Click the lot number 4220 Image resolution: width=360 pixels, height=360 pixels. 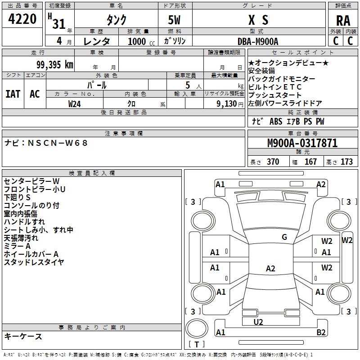[x=22, y=19]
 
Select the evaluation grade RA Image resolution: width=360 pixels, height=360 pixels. [x=343, y=20]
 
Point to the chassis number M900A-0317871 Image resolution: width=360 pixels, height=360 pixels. [x=302, y=143]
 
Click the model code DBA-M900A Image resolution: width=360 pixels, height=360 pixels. [x=258, y=41]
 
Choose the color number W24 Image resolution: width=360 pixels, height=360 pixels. [x=75, y=103]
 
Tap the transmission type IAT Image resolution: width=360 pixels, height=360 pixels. [x=13, y=94]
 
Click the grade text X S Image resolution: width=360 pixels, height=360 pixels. [x=258, y=20]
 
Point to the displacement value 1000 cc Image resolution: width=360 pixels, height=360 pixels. [x=138, y=41]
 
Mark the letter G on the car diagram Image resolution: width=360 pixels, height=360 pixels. [x=284, y=237]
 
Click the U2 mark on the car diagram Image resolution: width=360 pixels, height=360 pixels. [x=258, y=322]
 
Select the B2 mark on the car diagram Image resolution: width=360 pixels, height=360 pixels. [x=321, y=333]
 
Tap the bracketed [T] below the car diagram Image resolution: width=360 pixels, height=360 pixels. [x=197, y=345]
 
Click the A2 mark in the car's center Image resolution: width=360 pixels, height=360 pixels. [x=270, y=269]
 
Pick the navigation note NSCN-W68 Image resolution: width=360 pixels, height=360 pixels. [x=47, y=143]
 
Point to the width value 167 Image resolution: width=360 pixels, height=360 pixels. [x=310, y=162]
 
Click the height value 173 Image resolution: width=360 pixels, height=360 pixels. [x=346, y=162]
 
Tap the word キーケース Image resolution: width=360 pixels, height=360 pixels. [x=23, y=336]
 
